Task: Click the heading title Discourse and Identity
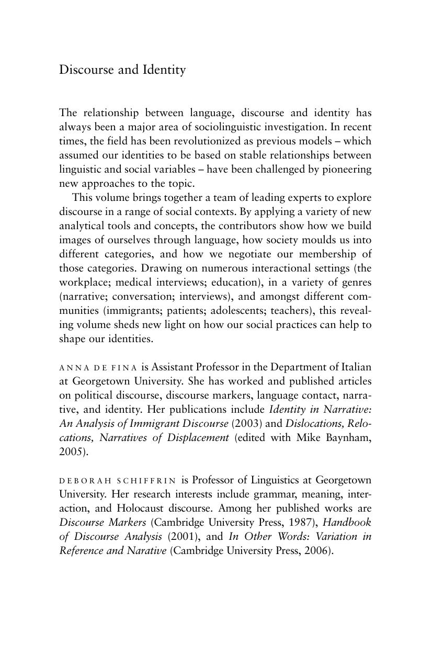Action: click(x=122, y=70)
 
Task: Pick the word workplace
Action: click(x=84, y=282)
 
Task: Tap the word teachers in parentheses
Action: click(x=292, y=311)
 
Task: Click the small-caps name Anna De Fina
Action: click(x=98, y=368)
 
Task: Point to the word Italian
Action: click(x=353, y=367)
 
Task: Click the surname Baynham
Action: click(x=349, y=438)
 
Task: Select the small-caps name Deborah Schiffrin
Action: click(x=118, y=480)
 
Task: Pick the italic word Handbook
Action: click(x=347, y=523)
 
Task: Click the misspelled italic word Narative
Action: click(x=146, y=551)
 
